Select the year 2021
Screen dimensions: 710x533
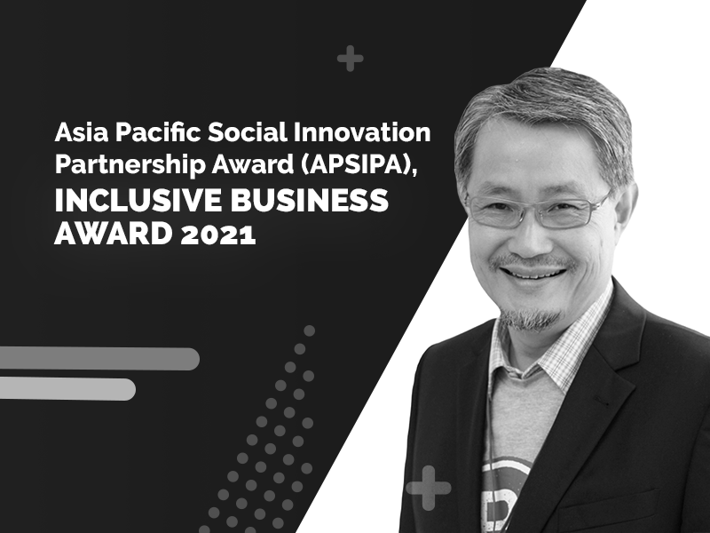[x=218, y=235]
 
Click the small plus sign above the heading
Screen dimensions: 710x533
[x=350, y=59]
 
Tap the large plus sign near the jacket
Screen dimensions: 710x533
[x=429, y=488]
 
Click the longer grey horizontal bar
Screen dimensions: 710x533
[x=99, y=359]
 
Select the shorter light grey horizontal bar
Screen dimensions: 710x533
[x=67, y=389]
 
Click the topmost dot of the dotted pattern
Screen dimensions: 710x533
[x=309, y=330]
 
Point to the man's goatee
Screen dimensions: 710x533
[x=530, y=318]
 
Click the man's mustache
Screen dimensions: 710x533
[x=531, y=262]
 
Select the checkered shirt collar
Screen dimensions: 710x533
[x=557, y=345]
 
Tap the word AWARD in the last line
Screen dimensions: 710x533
[x=114, y=235]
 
